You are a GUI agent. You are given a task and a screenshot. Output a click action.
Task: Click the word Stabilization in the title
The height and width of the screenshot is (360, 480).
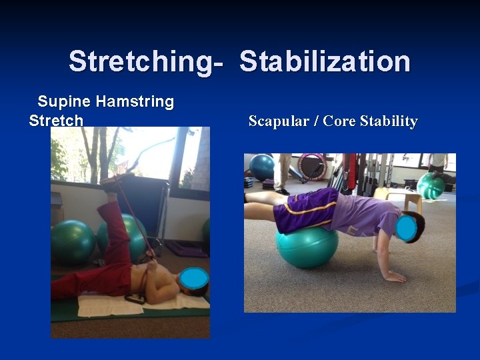click(x=325, y=61)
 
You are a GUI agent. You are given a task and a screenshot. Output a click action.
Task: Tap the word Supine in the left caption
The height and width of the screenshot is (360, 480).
click(x=65, y=102)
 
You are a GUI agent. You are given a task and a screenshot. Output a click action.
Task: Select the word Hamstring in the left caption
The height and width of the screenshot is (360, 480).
click(x=135, y=102)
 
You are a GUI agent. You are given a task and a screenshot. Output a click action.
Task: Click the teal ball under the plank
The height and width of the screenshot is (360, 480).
click(x=307, y=247)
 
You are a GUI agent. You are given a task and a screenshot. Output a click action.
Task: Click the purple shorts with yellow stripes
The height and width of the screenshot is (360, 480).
click(x=304, y=210)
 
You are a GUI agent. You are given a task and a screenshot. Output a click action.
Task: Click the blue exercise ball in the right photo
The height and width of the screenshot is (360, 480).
click(x=261, y=167)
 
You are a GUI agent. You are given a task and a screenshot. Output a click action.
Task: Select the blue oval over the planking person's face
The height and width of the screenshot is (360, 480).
click(x=406, y=229)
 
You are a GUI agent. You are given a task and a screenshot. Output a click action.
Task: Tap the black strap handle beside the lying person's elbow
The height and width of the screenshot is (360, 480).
click(x=135, y=298)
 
